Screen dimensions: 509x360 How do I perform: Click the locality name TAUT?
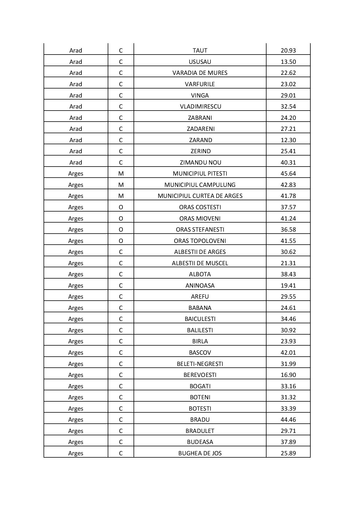coord(200,50)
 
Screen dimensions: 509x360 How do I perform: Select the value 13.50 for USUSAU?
coord(288,62)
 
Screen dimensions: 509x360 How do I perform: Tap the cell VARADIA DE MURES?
coord(200,73)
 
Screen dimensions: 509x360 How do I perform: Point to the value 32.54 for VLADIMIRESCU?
coord(288,107)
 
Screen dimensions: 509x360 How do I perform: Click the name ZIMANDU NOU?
coord(200,163)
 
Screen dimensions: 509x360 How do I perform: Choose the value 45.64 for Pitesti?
coord(288,174)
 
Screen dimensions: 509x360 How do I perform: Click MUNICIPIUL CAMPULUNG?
coord(200,185)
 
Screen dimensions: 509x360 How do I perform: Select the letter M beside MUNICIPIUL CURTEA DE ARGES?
coord(121,196)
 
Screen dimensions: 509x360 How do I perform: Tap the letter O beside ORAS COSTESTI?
coord(121,207)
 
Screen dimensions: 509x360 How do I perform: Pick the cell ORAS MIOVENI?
coord(200,219)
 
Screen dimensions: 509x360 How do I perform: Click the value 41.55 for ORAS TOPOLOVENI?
coord(288,241)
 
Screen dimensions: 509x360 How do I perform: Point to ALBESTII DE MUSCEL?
coord(200,263)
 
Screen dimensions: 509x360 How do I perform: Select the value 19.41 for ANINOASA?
coord(288,286)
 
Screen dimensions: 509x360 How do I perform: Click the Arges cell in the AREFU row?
coord(75,297)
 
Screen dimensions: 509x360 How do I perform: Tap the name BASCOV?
coord(200,353)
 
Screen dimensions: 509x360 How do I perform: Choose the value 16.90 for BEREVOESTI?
coord(288,375)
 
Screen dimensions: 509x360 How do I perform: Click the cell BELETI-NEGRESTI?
coord(200,364)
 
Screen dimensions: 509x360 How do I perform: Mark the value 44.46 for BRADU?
coord(288,420)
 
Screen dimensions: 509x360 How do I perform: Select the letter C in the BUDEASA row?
coord(121,442)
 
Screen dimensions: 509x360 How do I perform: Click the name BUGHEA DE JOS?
coord(200,453)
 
